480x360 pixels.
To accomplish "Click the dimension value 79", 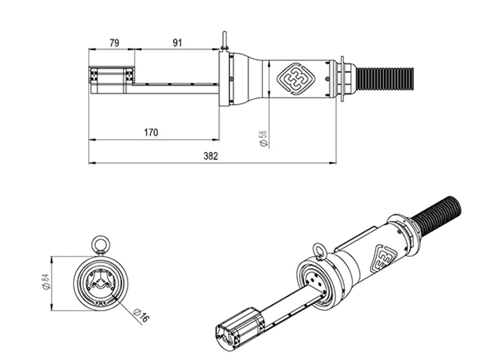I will pyautogui.click(x=113, y=43).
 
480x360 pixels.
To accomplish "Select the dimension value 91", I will pyautogui.click(x=177, y=43).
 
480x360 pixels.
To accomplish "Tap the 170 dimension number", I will pyautogui.click(x=151, y=133).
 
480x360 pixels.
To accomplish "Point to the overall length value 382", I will pyautogui.click(x=211, y=156).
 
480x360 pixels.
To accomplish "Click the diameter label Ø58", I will pyautogui.click(x=262, y=139).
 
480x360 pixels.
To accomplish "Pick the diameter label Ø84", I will pyautogui.click(x=46, y=283).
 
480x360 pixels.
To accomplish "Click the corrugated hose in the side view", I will pyautogui.click(x=385, y=78).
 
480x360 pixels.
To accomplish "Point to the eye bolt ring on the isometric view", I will pyautogui.click(x=319, y=250).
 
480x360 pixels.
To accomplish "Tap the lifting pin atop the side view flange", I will pyautogui.click(x=224, y=41).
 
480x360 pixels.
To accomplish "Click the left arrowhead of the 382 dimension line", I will pyautogui.click(x=91, y=162).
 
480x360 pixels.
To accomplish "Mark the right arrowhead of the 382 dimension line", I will pyautogui.click(x=334, y=162).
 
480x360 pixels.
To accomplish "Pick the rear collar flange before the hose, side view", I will pyautogui.click(x=342, y=79).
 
